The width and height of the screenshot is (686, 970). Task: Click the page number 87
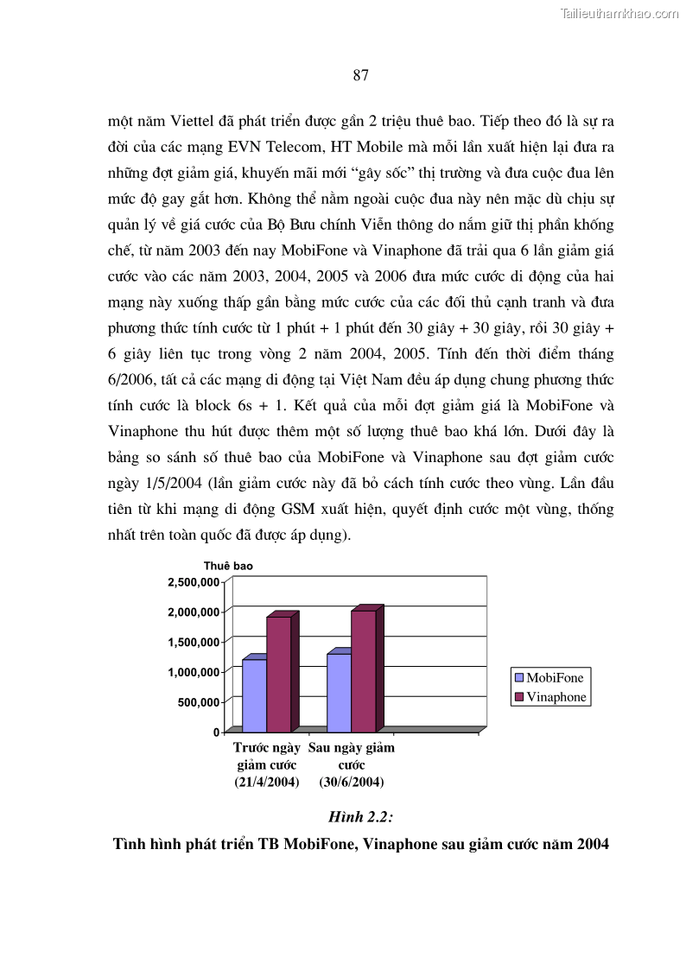(x=361, y=75)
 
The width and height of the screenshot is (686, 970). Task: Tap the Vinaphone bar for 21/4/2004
(x=278, y=673)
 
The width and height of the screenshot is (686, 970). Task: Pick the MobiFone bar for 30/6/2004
(x=339, y=692)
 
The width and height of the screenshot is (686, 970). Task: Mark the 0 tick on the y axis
(x=216, y=732)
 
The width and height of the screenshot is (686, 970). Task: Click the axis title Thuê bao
(x=228, y=566)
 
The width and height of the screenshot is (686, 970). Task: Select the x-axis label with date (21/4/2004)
(x=267, y=783)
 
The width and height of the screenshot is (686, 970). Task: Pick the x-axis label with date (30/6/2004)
(x=351, y=783)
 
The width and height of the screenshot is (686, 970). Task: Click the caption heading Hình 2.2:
(x=361, y=817)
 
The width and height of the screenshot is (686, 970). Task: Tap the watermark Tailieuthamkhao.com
(x=619, y=13)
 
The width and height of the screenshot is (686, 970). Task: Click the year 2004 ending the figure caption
(x=593, y=844)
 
